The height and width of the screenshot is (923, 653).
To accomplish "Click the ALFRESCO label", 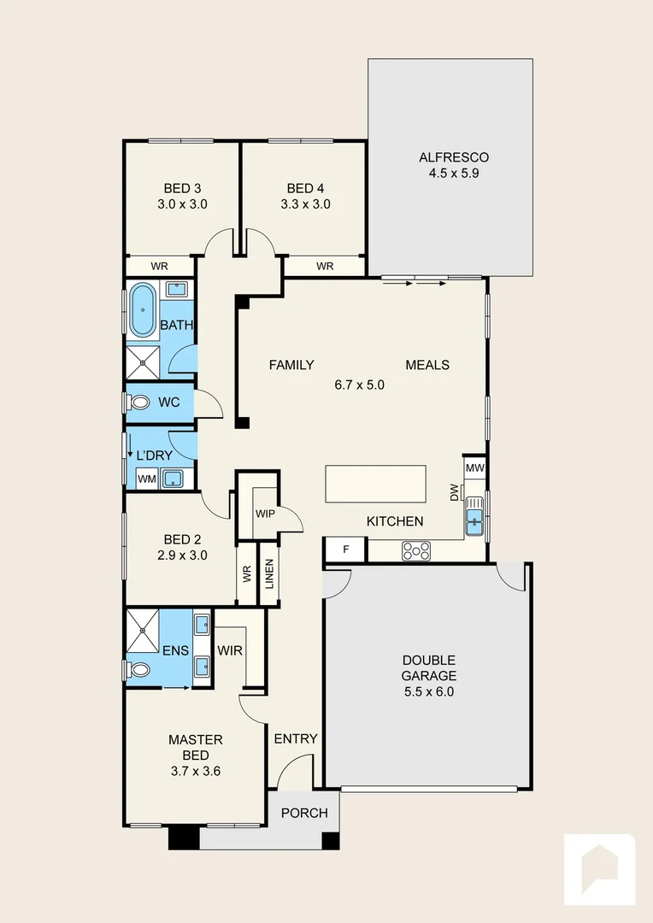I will point(453,157).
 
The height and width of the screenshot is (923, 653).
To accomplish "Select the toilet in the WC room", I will point(139,402).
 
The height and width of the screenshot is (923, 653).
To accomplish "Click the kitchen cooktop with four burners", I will point(416,552).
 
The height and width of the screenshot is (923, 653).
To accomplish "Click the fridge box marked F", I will point(345,550).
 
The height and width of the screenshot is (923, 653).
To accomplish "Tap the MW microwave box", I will point(475,468).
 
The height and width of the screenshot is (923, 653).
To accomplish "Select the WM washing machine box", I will point(146,479).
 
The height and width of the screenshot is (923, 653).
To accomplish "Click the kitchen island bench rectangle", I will point(375,485).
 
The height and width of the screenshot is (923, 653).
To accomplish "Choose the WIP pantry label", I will point(265,514).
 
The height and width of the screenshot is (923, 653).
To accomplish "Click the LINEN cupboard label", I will point(269,575).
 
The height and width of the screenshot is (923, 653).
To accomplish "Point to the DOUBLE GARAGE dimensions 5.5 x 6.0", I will point(429,691).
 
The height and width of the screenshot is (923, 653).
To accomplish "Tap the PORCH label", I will point(304,813).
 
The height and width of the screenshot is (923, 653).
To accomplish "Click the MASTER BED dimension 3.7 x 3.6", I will point(195,772).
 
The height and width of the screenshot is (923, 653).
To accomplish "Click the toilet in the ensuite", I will point(139,669).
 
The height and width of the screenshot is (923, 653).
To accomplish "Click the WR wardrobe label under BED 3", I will point(160,267).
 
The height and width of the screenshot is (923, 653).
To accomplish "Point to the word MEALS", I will point(427,365).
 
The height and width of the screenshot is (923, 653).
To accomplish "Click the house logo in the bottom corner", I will point(599,868).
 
